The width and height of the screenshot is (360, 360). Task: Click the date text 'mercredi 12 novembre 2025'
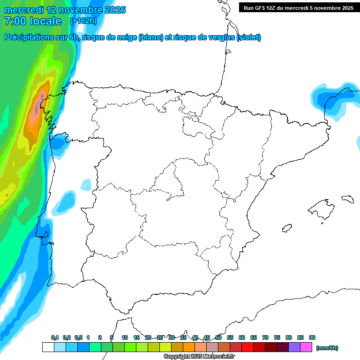pos(65,10)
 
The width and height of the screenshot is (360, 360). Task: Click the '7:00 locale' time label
pos(33,21)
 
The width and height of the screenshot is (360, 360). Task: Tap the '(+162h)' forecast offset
pos(83,21)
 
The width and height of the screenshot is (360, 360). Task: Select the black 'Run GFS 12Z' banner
pos(298,7)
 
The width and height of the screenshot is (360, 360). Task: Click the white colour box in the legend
pos(48,347)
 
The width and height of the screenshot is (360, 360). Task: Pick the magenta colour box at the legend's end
pos(306,347)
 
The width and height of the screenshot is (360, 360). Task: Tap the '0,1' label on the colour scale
pos(54,337)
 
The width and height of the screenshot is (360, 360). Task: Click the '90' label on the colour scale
pos(312,337)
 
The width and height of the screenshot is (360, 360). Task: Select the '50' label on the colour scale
pos(218,337)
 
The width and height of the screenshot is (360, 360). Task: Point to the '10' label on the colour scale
pos(125,337)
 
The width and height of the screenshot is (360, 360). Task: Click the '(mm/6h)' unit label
pos(327,348)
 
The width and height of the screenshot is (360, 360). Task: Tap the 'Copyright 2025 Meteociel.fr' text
pos(199,357)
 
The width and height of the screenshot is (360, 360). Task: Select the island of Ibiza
pos(287,228)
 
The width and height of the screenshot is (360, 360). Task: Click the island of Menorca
pos(347,199)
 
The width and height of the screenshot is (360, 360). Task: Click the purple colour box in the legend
pos(294,347)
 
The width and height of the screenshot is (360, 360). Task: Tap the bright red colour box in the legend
pos(247,347)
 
